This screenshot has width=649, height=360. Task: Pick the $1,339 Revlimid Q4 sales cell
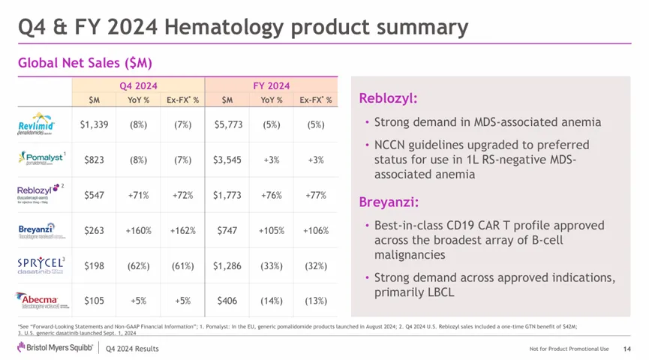(95, 124)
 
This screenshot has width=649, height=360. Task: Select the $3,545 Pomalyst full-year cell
(227, 160)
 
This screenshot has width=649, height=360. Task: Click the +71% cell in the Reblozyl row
(138, 195)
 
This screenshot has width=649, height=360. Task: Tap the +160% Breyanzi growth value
(138, 230)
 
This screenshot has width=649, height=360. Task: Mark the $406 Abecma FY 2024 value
(227, 301)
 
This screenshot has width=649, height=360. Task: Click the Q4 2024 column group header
(138, 85)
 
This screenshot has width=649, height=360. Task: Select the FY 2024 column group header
(272, 85)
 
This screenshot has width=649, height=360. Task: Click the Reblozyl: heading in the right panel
(388, 99)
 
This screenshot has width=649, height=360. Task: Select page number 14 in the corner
(627, 349)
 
